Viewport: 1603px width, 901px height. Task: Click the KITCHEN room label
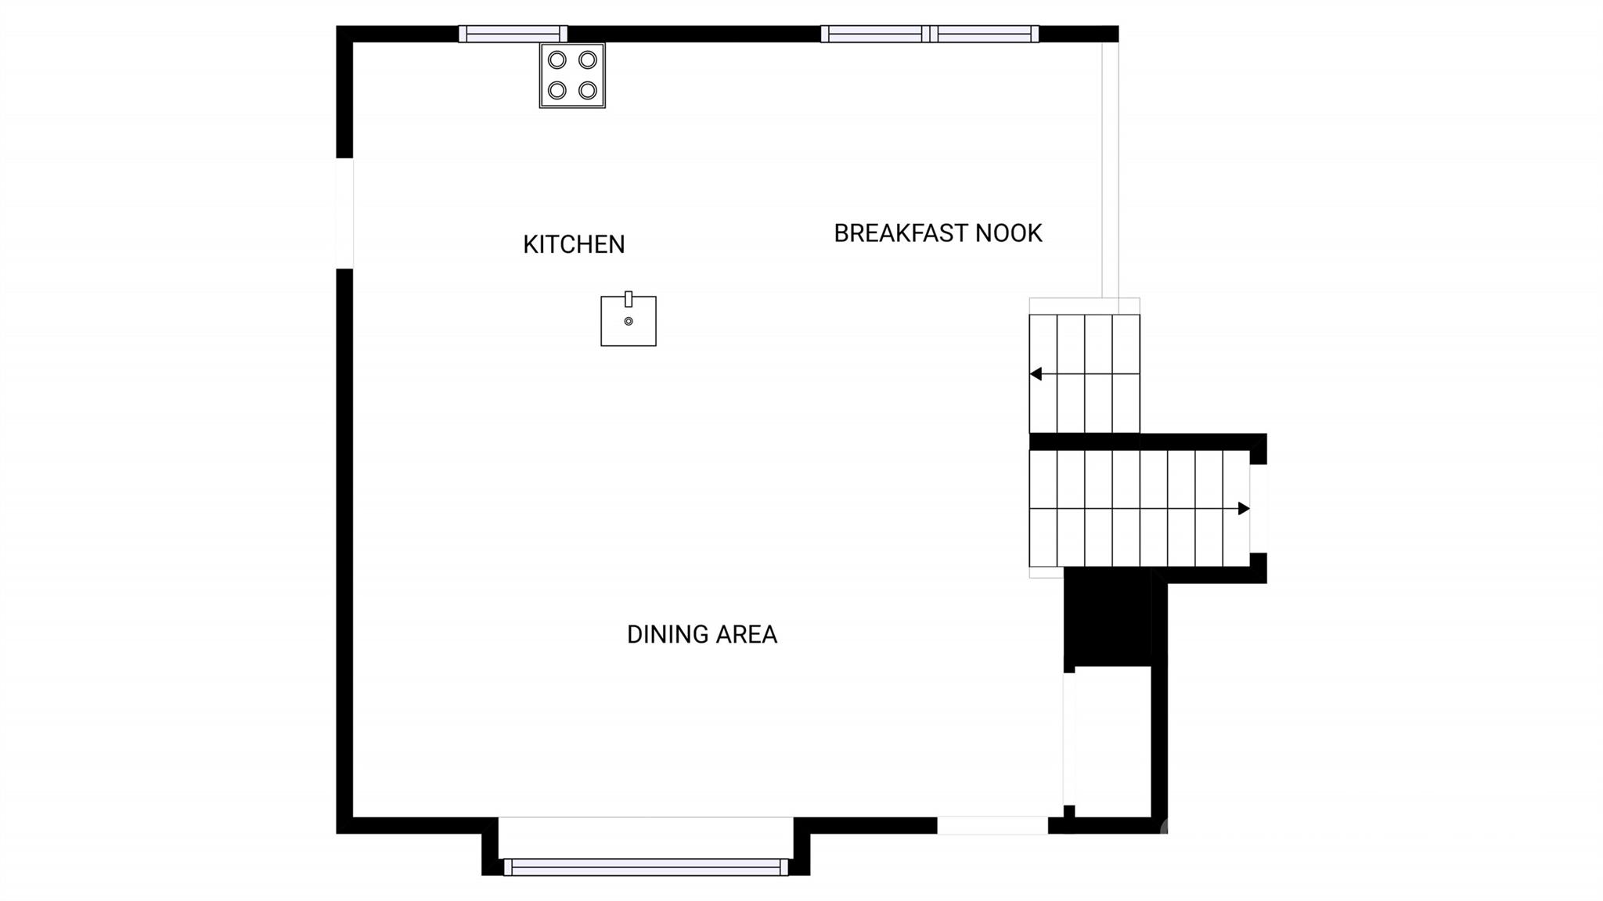click(x=574, y=244)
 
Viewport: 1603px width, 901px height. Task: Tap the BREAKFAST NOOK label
click(x=938, y=233)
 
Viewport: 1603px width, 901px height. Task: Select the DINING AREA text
click(x=702, y=634)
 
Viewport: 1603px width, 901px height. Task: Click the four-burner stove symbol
click(x=572, y=75)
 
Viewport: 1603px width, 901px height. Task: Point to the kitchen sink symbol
click(x=629, y=319)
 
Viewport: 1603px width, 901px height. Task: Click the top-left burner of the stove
click(x=557, y=60)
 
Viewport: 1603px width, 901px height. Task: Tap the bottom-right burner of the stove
click(x=588, y=91)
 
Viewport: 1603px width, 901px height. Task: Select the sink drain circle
click(x=629, y=321)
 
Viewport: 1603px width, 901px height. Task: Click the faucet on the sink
click(x=629, y=299)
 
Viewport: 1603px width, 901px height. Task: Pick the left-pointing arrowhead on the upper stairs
click(x=1036, y=374)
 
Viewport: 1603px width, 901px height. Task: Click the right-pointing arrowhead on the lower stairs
click(x=1244, y=509)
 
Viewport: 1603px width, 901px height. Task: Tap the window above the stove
click(x=513, y=34)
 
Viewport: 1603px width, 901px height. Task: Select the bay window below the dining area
click(x=646, y=867)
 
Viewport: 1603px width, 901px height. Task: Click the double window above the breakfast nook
click(x=930, y=34)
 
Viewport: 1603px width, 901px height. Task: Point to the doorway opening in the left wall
click(x=344, y=213)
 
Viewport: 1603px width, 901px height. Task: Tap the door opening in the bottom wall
click(x=992, y=825)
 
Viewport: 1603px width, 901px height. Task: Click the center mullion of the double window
click(x=930, y=34)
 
